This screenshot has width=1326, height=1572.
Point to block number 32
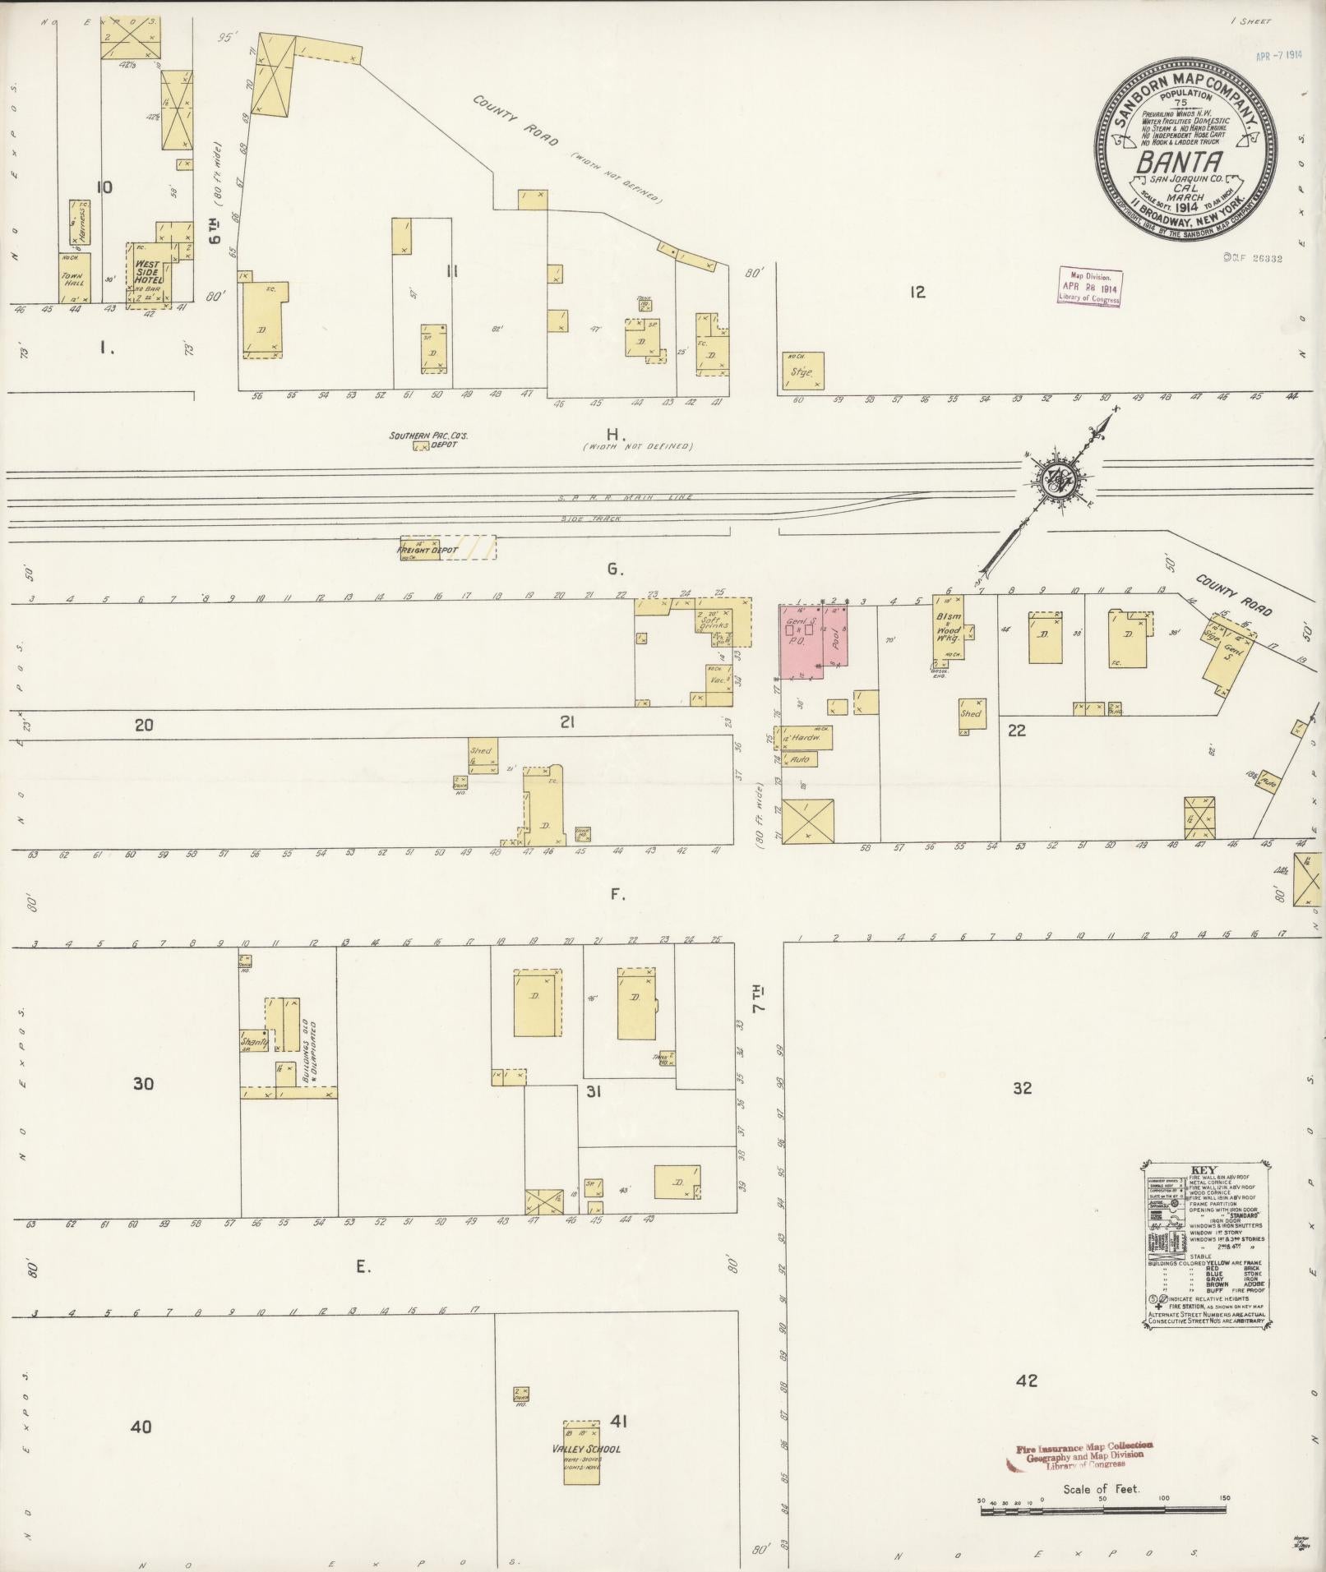[x=1022, y=1088]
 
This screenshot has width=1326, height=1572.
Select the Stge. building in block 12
[x=802, y=371]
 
